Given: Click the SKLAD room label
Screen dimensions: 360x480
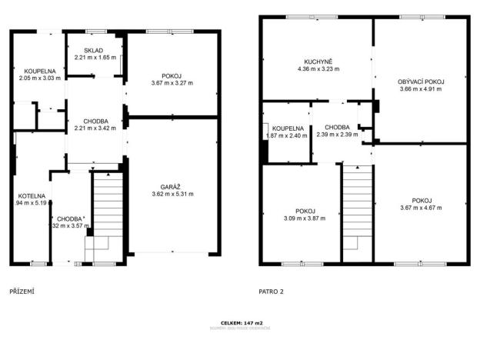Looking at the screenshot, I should pos(95,51).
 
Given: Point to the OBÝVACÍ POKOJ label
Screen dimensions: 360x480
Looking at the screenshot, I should pos(422,81).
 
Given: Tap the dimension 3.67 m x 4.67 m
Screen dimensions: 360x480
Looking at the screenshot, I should pos(422,207).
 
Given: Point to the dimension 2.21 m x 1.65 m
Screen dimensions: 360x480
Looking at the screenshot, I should pos(95,58).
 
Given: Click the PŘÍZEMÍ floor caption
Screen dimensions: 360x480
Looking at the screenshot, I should pos(22,292).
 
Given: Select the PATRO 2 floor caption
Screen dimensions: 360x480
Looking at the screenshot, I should pos(272,292).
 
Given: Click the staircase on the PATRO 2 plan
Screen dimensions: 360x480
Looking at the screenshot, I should pos(356,208).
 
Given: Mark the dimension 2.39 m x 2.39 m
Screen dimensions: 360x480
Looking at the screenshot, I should pos(337,135).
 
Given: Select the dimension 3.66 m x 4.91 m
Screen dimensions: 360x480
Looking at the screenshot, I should pos(422,88).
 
